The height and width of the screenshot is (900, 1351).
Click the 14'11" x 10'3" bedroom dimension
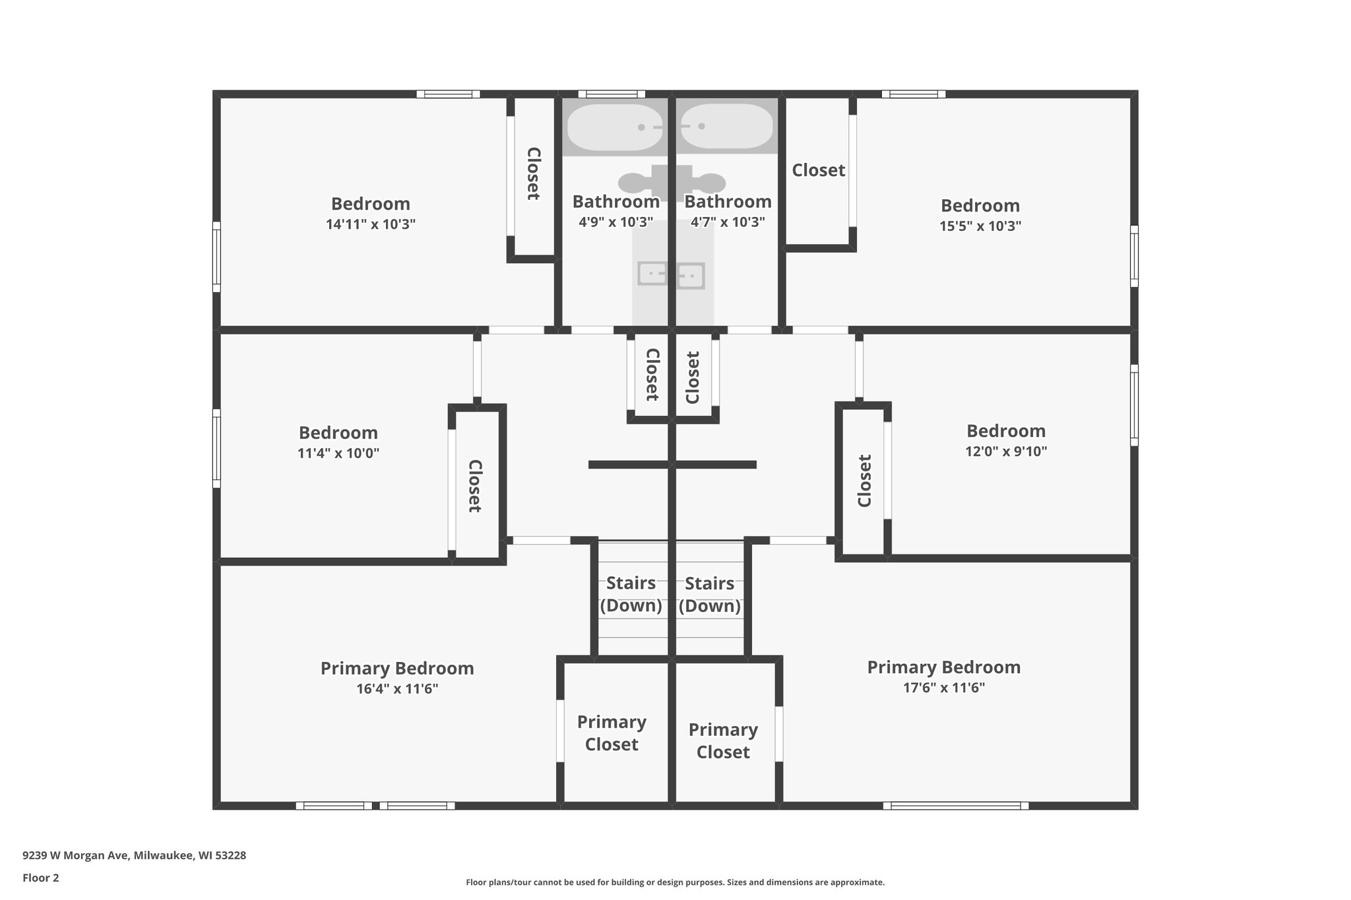tap(370, 224)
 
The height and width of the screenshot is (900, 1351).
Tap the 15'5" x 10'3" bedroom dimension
tap(980, 226)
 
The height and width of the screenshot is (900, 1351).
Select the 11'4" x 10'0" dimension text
tap(338, 454)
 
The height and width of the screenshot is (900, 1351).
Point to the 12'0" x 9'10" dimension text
tap(1005, 452)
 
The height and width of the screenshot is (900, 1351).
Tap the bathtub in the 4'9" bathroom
tap(614, 127)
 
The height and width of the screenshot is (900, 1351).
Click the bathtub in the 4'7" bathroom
tap(726, 126)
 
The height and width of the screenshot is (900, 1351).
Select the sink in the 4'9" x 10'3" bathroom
tap(652, 273)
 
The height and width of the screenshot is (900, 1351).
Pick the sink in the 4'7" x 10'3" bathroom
tap(691, 275)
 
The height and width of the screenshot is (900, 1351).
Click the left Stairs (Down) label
tap(631, 594)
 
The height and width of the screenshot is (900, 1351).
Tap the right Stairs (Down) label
tap(709, 595)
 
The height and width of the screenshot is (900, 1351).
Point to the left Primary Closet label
tap(612, 733)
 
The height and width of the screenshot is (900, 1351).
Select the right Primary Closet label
tap(723, 740)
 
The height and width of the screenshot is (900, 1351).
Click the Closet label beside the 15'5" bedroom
tap(818, 170)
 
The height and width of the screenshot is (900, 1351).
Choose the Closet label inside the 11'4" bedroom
tap(475, 486)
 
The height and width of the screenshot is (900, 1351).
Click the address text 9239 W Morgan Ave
tap(134, 855)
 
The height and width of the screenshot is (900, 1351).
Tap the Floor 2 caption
tap(41, 878)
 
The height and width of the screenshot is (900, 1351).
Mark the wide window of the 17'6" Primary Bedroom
tap(955, 805)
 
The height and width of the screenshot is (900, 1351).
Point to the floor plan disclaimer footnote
tap(675, 882)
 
